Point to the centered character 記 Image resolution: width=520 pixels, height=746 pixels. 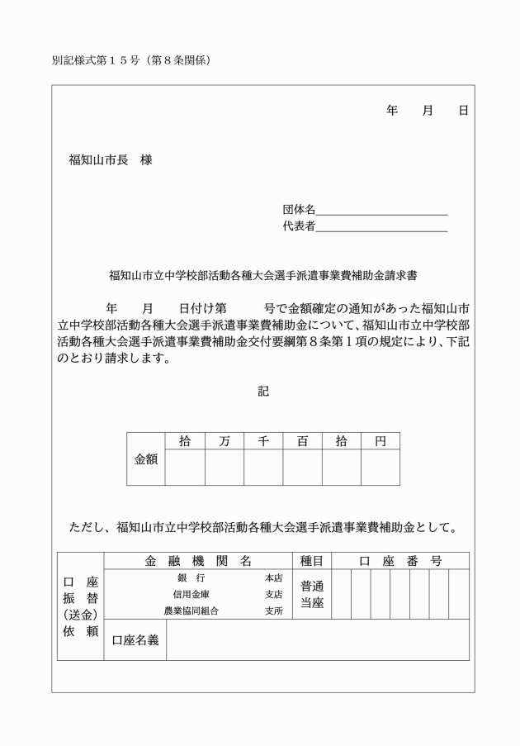[x=262, y=392]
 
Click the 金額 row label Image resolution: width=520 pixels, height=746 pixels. [x=146, y=459]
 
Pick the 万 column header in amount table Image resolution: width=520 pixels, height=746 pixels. [x=224, y=441]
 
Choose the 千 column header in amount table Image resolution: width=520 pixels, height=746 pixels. [x=263, y=441]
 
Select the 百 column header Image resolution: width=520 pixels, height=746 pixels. [x=302, y=441]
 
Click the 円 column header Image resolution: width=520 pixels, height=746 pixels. [x=381, y=441]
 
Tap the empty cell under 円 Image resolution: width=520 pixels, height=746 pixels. [x=381, y=467]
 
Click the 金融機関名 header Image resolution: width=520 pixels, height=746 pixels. [x=198, y=561]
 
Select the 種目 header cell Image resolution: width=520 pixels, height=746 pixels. [x=312, y=561]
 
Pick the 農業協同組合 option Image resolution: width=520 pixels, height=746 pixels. [x=191, y=611]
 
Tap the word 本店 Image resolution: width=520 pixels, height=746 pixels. [x=273, y=578]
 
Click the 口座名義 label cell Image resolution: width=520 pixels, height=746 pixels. [x=135, y=640]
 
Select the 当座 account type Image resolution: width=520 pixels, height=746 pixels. [x=312, y=604]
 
